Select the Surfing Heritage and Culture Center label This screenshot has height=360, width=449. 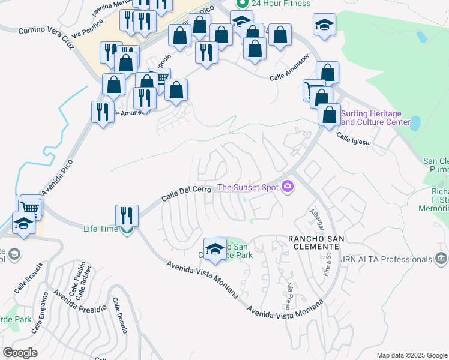coord(375,118)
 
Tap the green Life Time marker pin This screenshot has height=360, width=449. coord(127,229)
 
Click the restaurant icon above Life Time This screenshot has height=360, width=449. coord(127,215)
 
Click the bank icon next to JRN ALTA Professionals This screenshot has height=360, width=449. coord(441,259)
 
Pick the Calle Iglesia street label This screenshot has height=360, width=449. coord(354,139)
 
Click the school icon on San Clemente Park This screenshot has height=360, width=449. coord(214,248)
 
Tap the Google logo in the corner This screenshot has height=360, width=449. coord(20,353)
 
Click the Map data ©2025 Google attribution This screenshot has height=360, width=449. coord(411,355)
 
